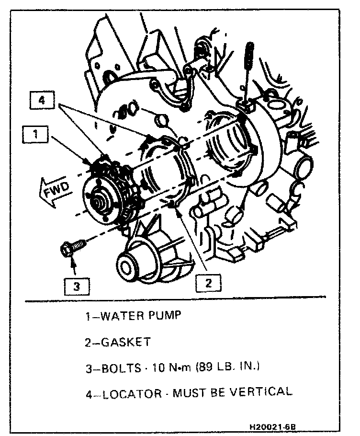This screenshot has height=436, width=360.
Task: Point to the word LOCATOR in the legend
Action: (132, 394)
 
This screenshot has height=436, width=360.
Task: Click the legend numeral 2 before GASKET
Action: (89, 343)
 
